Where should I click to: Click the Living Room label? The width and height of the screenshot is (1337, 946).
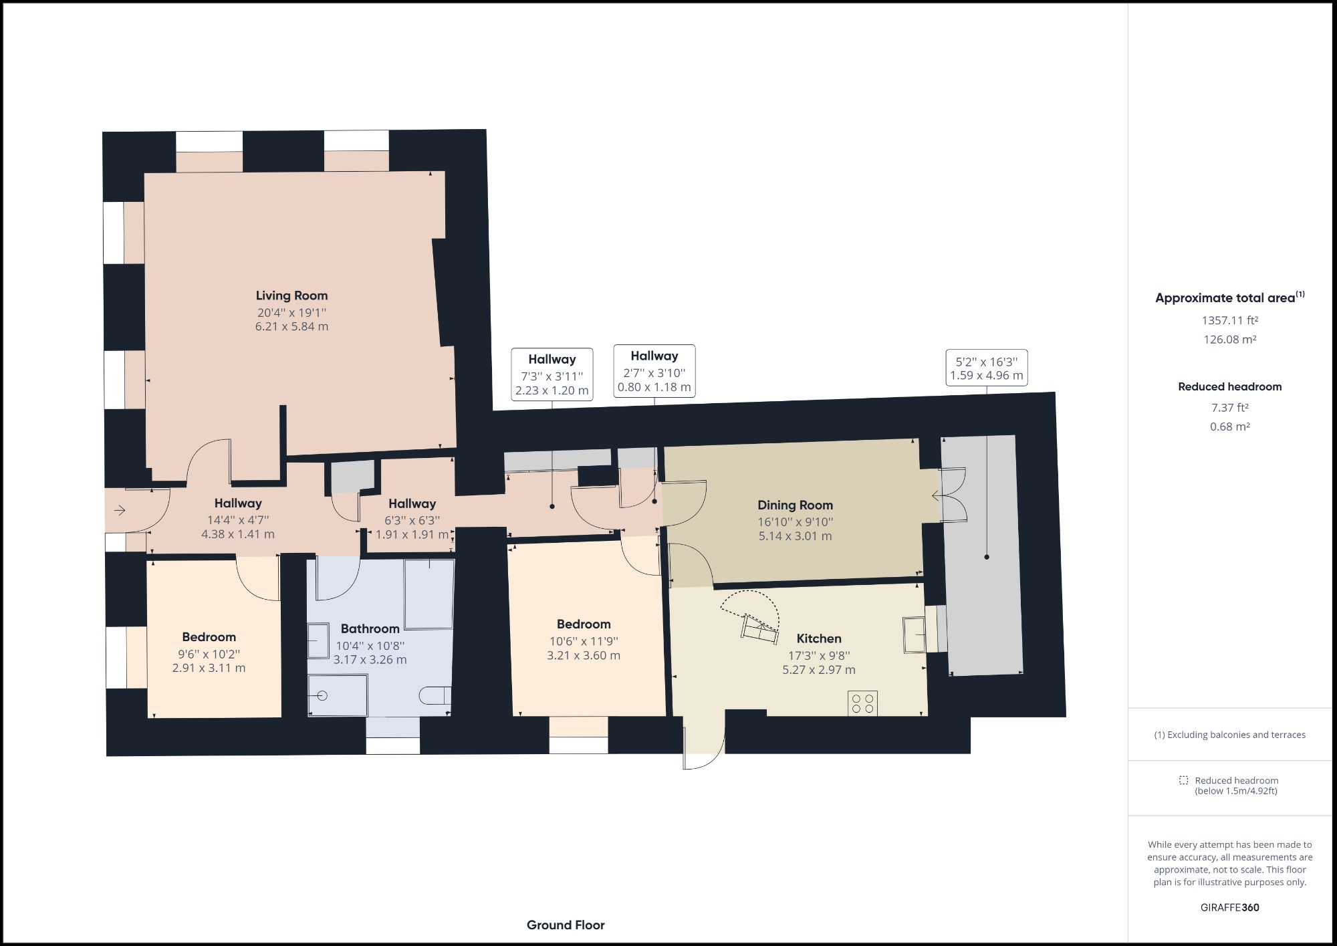tap(291, 295)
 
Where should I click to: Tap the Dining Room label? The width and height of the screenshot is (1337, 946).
tap(795, 505)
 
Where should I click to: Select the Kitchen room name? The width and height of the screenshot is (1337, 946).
tap(819, 638)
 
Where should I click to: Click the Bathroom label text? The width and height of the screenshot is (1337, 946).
tap(370, 628)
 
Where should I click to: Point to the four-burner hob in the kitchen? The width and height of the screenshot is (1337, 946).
tap(862, 703)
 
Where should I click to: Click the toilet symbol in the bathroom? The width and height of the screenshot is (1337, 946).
tap(436, 695)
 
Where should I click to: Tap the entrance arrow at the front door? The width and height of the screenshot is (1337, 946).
tap(120, 511)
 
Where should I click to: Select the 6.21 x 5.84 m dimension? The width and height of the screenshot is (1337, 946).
tap(291, 326)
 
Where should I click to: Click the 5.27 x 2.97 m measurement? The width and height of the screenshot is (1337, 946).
tap(819, 669)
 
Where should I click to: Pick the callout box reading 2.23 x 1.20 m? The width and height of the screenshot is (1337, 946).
tap(552, 374)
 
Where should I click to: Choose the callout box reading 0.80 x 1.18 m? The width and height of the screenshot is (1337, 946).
tap(654, 371)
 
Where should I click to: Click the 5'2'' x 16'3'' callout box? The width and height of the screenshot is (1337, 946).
tap(987, 368)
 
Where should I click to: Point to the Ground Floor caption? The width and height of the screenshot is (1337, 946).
tap(566, 925)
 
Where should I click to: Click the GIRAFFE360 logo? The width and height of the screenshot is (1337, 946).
tap(1230, 907)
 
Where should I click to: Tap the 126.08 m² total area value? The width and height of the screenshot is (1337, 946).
tap(1230, 339)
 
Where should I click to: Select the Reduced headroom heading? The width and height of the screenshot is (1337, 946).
tap(1230, 386)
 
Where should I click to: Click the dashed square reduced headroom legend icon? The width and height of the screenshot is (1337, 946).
tap(1184, 780)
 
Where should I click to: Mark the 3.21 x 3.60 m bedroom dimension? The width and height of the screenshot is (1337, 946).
tap(584, 655)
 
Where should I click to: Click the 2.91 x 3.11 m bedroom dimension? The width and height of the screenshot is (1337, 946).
tap(209, 668)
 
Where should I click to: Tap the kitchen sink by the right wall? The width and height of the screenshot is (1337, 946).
tap(914, 634)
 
